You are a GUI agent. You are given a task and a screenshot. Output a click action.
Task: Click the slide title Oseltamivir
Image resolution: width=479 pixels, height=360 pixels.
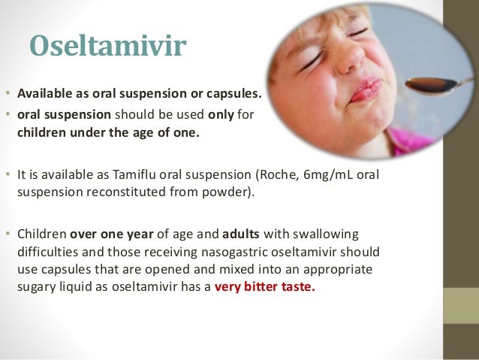click(107, 46)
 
